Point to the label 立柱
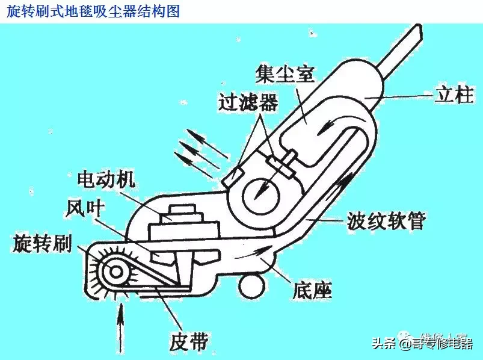click(454, 95)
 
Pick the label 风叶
click(85, 208)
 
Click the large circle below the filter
click(263, 186)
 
